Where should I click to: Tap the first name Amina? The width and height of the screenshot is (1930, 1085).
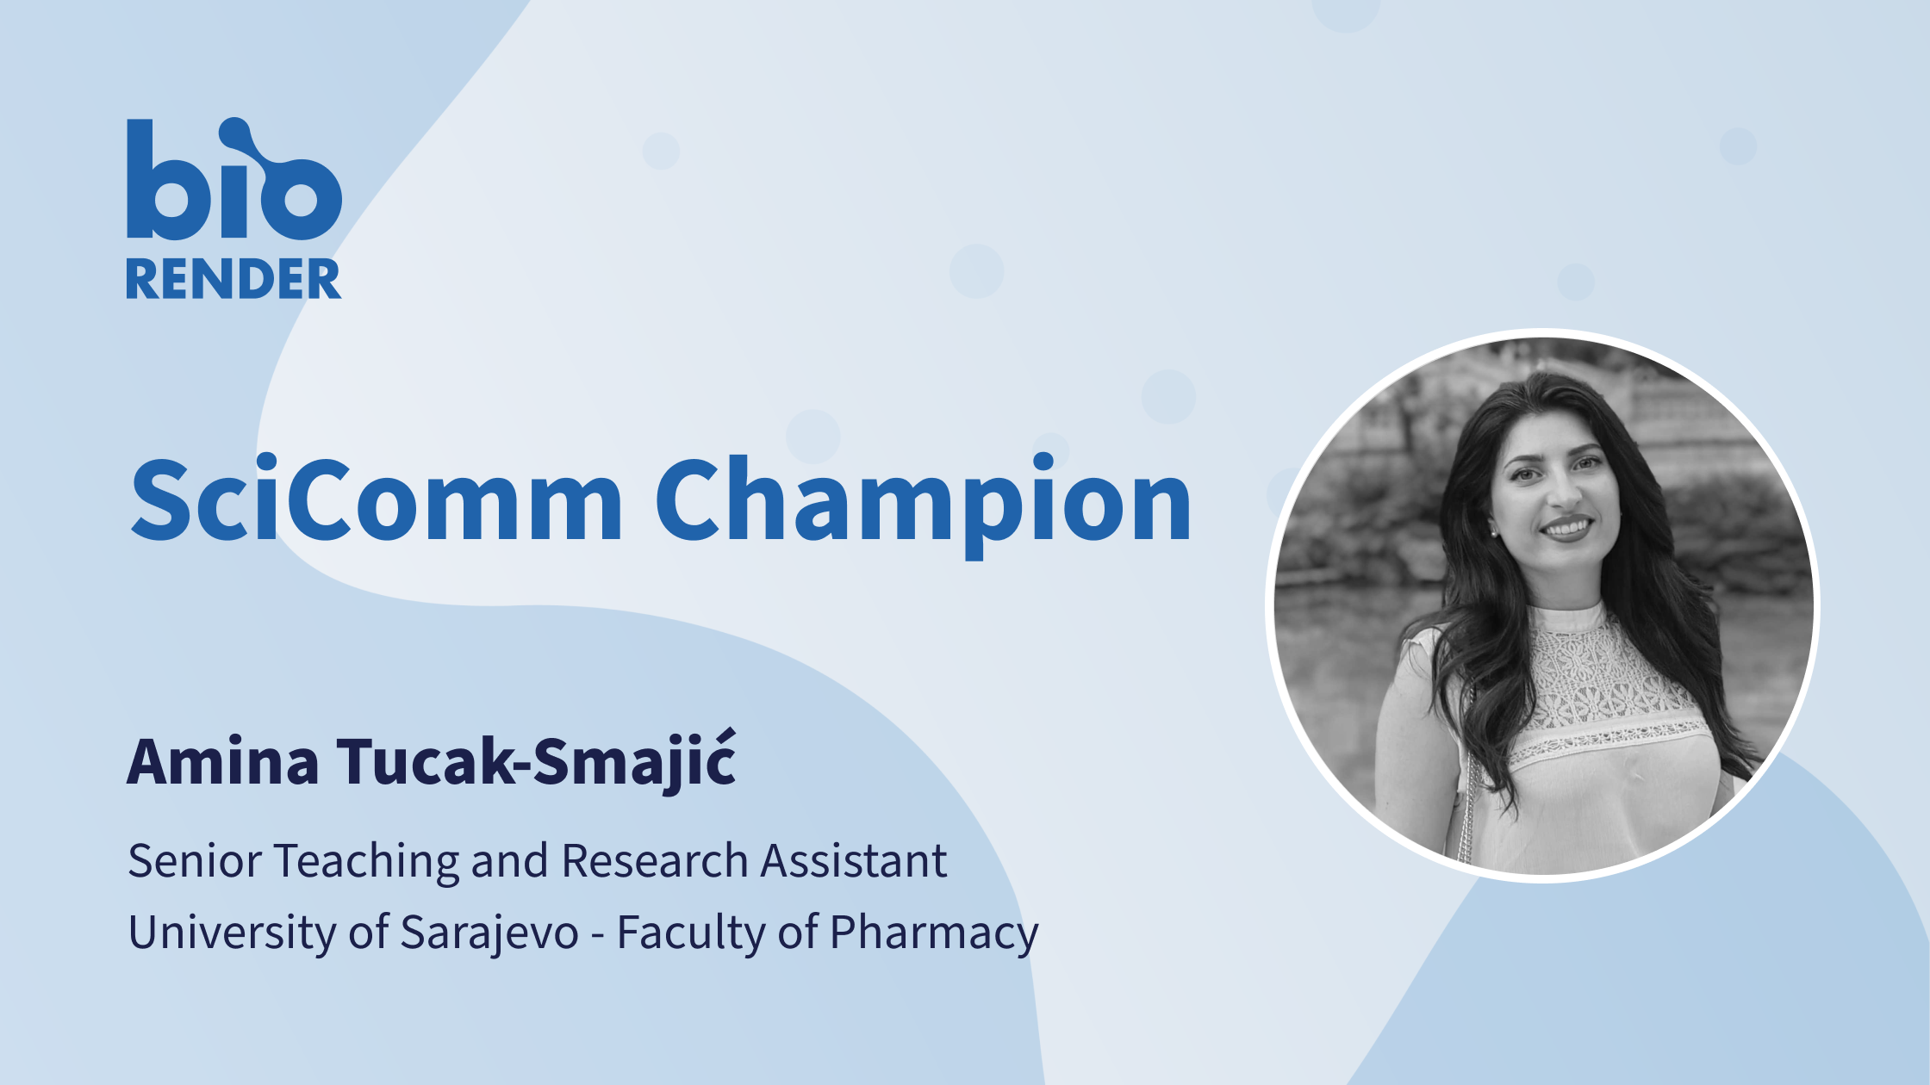(223, 761)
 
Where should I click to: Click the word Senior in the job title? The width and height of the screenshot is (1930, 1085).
(195, 860)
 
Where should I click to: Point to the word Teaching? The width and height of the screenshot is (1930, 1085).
(367, 863)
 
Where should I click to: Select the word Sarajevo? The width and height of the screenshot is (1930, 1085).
(489, 933)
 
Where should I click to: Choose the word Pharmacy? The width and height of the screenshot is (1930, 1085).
(934, 933)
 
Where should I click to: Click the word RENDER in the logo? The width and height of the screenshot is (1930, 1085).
(233, 279)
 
